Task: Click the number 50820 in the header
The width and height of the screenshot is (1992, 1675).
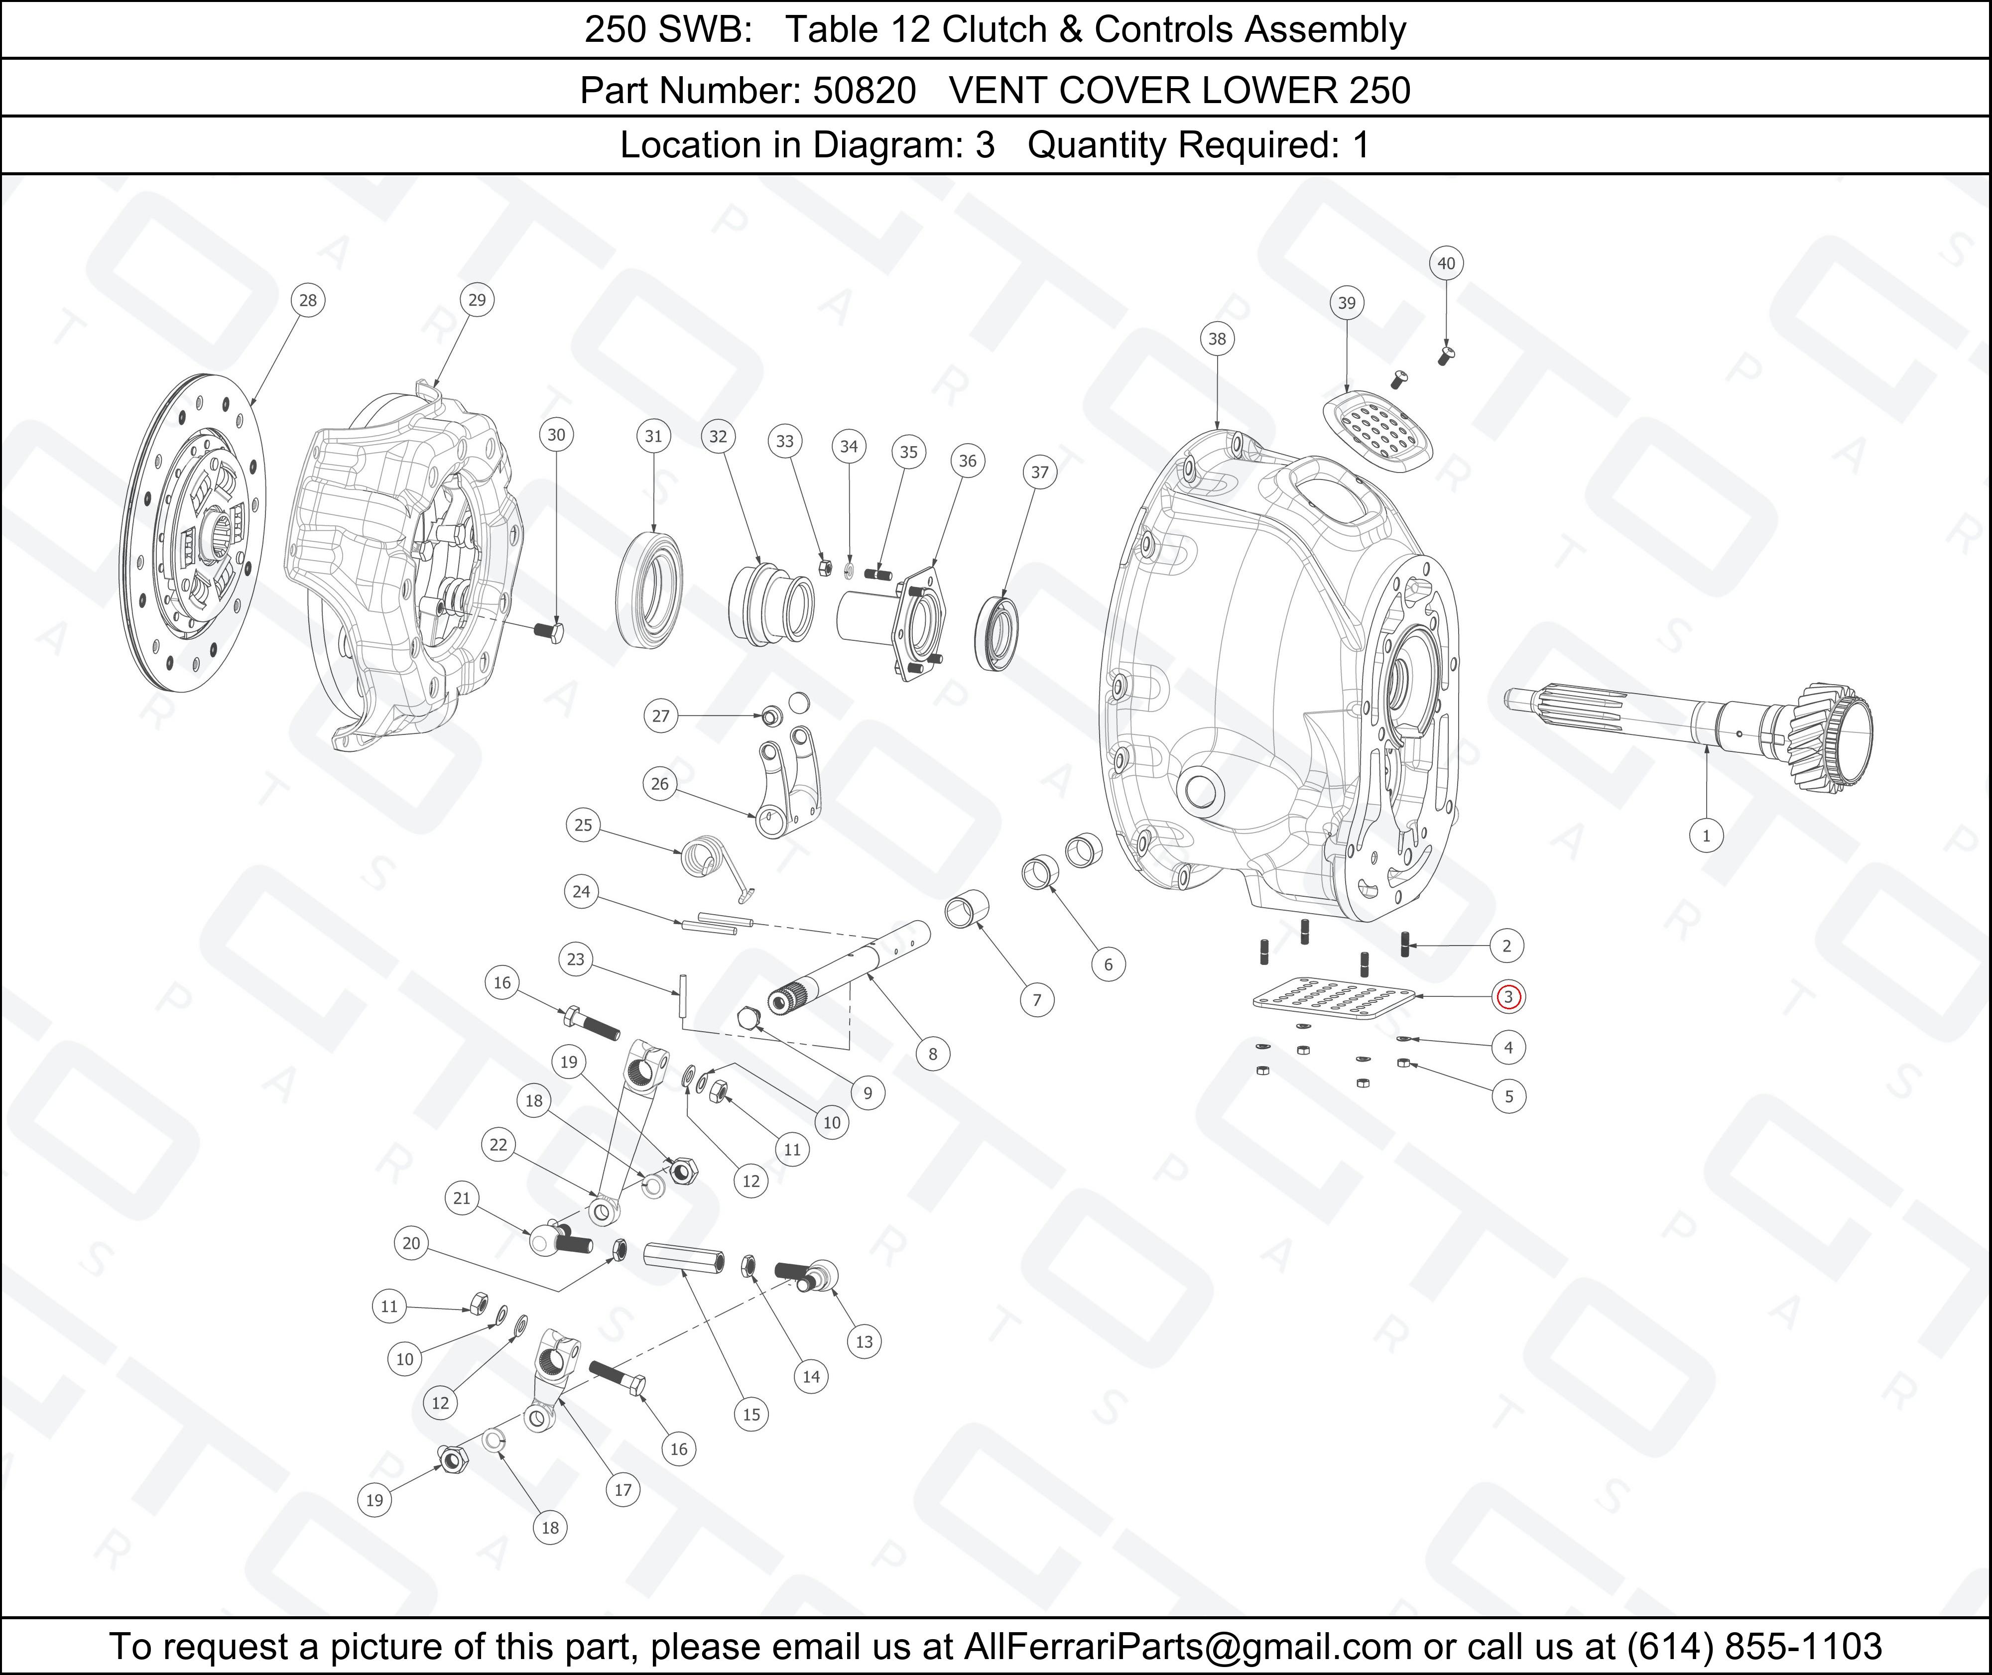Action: tap(864, 90)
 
